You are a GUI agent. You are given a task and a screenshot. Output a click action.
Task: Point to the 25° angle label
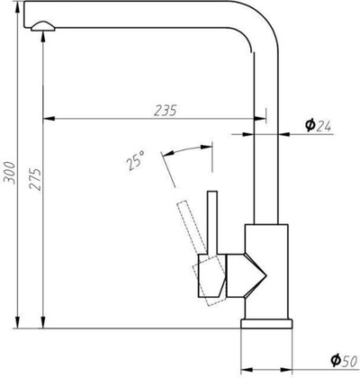pos(134,162)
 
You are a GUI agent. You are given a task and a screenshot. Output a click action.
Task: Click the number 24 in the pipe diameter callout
pos(325,125)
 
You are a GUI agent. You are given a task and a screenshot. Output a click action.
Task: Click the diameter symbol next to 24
pos(309,125)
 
